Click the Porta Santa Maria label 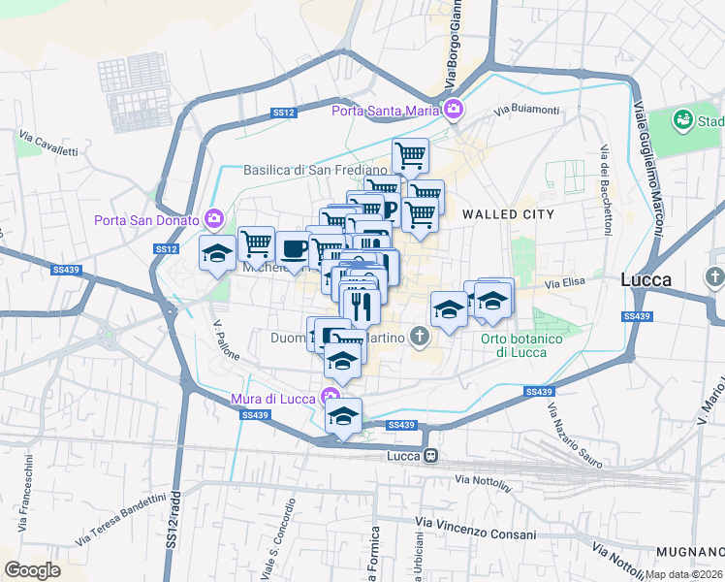point(386,111)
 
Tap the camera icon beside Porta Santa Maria point(454,110)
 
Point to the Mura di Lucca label point(273,398)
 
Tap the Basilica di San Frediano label point(307,170)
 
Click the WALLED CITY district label point(508,213)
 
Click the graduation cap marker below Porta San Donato point(217,254)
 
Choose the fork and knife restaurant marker point(361,306)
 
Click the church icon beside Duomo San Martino point(419,338)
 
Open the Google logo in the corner point(32,570)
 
